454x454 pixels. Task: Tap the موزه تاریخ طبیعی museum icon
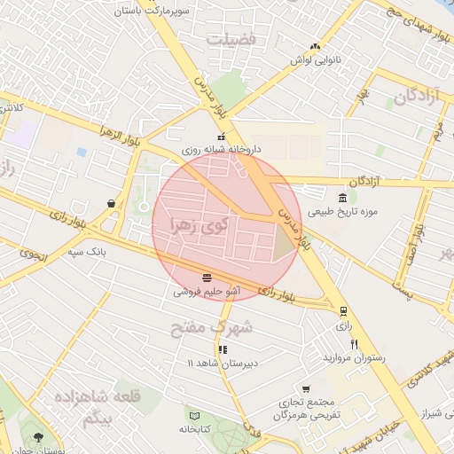[x=343, y=197]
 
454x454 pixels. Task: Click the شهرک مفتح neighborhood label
[x=212, y=327]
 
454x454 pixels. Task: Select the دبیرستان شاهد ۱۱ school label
[x=223, y=364]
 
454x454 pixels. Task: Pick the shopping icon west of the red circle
[x=110, y=202]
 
